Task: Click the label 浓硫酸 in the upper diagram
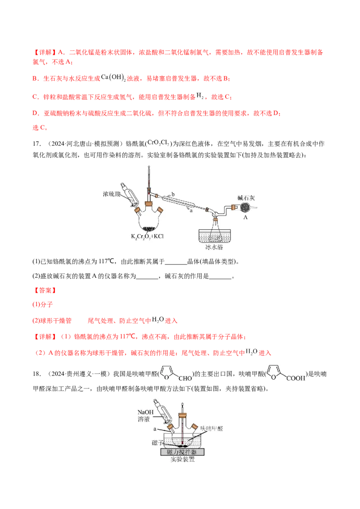(x=111, y=195)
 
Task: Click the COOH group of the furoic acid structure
(x=295, y=378)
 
